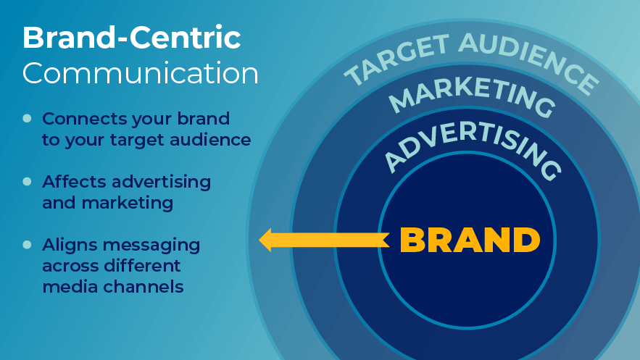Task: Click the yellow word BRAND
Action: coord(470,240)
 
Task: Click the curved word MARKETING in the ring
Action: coord(472,95)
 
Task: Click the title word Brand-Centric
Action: coord(131,37)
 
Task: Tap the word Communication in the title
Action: coord(141,73)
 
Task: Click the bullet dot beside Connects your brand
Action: coord(28,118)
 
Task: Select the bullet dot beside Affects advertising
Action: coord(28,181)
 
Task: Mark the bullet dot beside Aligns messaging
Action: coord(28,245)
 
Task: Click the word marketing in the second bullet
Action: coord(128,204)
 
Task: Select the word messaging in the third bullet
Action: coord(151,246)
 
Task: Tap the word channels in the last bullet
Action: coord(144,287)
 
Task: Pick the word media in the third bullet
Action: coord(70,287)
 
